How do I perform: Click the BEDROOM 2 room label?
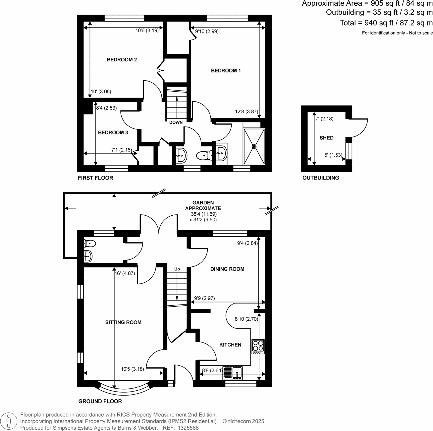tap(122, 60)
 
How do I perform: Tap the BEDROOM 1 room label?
tap(226, 71)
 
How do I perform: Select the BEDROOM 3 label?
tap(113, 132)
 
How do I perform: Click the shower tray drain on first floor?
tap(254, 146)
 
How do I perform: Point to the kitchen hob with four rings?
tap(258, 346)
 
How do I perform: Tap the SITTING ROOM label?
tap(123, 322)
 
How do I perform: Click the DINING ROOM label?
tap(227, 269)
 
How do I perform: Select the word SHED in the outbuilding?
tap(326, 138)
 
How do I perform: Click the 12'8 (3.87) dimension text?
tap(246, 111)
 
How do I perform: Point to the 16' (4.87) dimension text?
tap(125, 273)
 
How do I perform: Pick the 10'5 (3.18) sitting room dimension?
tap(132, 369)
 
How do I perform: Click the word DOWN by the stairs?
tap(176, 122)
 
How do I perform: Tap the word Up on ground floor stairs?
tap(177, 269)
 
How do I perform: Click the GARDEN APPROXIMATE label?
tap(203, 205)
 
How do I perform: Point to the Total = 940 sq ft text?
tap(386, 23)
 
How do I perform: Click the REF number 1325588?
tap(188, 428)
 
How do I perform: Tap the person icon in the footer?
tap(9, 421)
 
